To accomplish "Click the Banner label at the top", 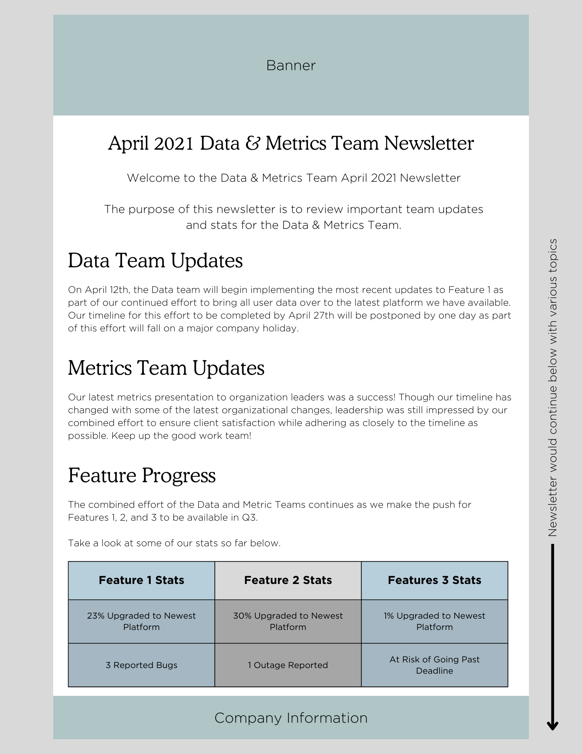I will click(x=291, y=66).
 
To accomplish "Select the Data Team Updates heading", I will click(x=155, y=261).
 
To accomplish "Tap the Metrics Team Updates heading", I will click(x=166, y=368).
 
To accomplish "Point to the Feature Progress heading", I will click(x=142, y=475).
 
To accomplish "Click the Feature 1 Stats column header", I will click(x=141, y=580).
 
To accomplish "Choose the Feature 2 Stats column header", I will click(x=288, y=580).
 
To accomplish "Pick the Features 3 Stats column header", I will click(x=434, y=580).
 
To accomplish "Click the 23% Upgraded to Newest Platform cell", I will click(x=141, y=621).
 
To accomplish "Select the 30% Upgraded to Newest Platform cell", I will click(x=288, y=621).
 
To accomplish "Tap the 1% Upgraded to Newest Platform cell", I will click(x=434, y=621).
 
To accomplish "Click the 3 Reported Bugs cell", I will click(x=141, y=665).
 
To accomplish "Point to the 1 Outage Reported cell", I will click(x=288, y=665).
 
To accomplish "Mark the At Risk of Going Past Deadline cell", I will click(x=434, y=665).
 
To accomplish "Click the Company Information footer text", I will click(x=291, y=718).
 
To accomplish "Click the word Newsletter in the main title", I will click(x=429, y=144).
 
